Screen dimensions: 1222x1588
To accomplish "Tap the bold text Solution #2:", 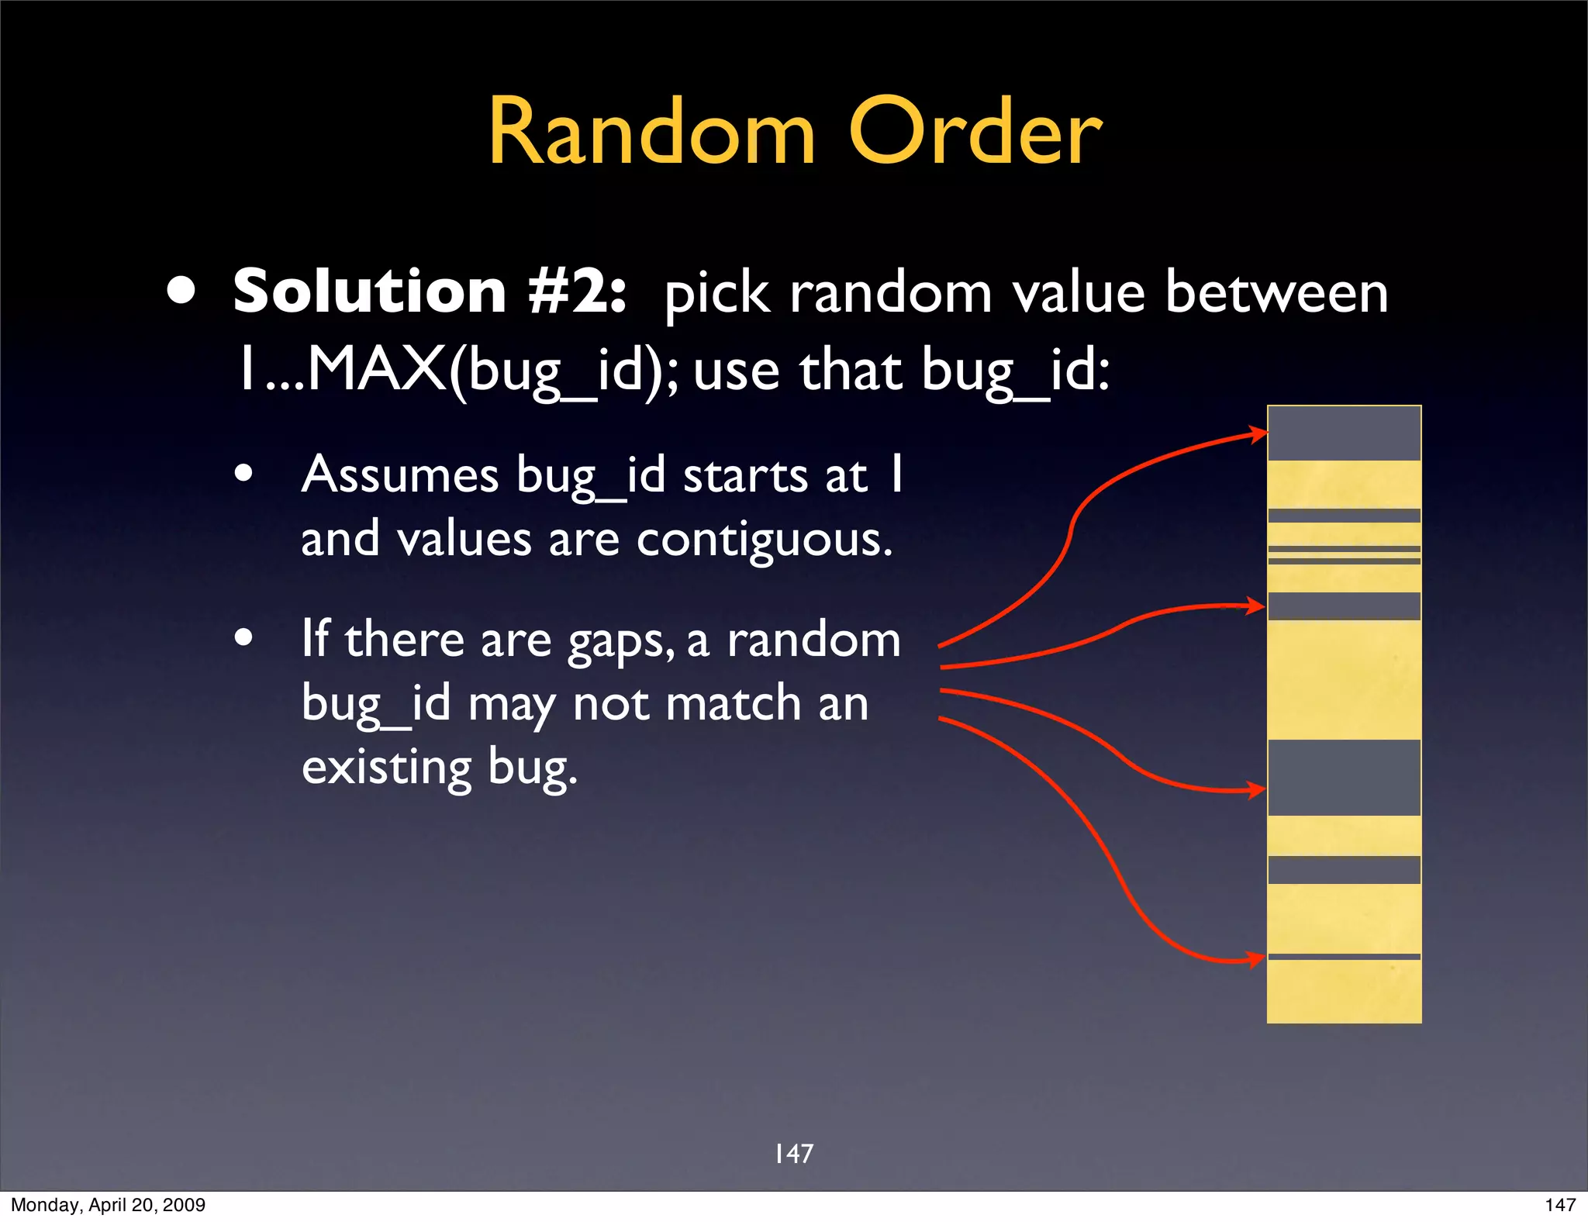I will pos(430,292).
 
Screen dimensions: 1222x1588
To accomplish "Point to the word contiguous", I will pos(764,539).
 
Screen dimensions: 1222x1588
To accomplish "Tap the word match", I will pos(733,704).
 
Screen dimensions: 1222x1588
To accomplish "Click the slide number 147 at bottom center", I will pos(794,1154).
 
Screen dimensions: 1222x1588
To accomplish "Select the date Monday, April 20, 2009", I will pos(108,1205).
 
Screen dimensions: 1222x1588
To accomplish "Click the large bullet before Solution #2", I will pos(181,292).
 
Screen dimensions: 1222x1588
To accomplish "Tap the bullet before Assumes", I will pos(243,473).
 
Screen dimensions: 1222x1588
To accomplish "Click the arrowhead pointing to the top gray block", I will pos(1256,433).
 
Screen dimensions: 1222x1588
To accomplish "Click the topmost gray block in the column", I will pos(1344,433).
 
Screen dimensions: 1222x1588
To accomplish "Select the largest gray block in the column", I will pos(1344,778).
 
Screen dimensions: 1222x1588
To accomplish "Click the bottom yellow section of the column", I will pos(1344,992).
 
